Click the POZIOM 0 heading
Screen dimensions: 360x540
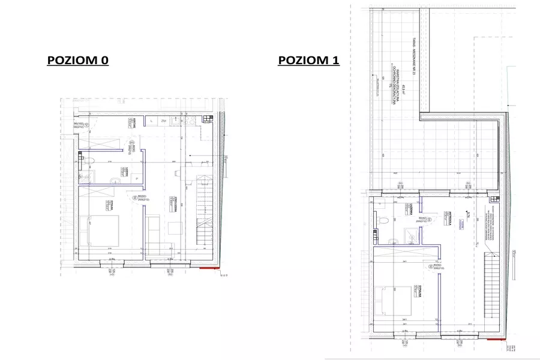coord(78,61)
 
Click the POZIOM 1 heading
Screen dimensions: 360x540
coord(308,61)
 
